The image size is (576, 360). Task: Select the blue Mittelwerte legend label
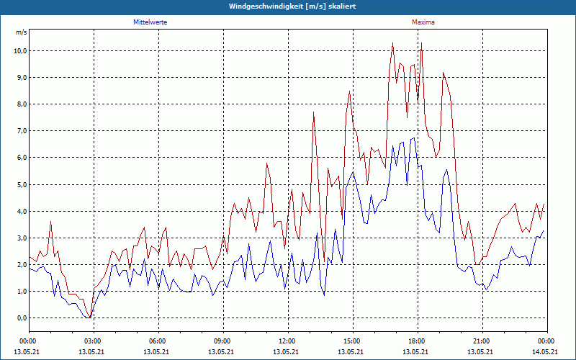[150, 22]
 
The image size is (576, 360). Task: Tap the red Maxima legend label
[423, 22]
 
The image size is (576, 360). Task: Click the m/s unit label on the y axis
[21, 32]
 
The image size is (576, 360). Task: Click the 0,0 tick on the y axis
[21, 318]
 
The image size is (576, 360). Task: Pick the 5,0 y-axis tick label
[21, 184]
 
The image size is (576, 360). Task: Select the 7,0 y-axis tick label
[21, 131]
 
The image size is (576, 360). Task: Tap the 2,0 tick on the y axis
[21, 264]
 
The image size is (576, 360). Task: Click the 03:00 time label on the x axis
[93, 341]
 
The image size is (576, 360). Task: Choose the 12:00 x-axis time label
[287, 341]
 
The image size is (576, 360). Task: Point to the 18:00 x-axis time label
[417, 341]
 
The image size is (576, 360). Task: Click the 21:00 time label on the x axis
[482, 341]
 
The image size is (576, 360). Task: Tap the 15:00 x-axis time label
[352, 341]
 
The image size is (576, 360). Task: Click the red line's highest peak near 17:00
[392, 43]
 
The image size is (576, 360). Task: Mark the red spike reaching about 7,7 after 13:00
[314, 112]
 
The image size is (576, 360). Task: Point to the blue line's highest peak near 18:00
[414, 138]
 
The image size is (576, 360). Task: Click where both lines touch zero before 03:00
[88, 317]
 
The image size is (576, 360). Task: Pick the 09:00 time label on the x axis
[222, 341]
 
